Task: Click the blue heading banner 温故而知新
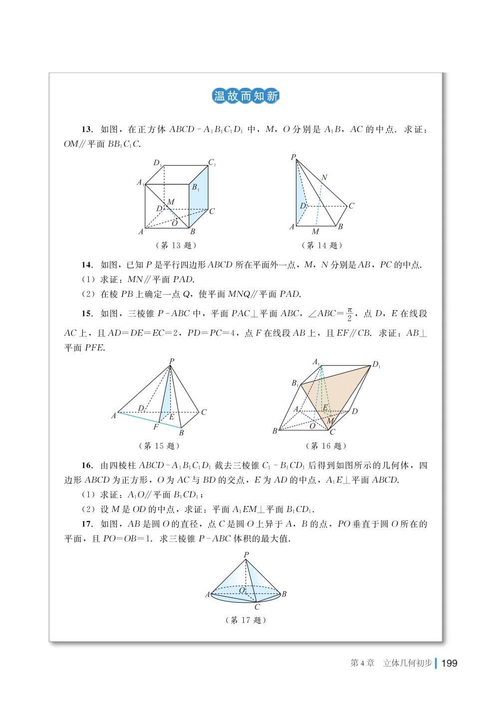coord(246,96)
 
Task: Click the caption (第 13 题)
coord(176,245)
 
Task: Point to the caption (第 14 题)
coord(322,245)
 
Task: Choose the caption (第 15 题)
coord(158,446)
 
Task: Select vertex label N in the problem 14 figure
coord(324,178)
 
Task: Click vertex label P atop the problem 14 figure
coord(293,158)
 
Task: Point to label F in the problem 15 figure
coord(156,427)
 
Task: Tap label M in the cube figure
coord(171,201)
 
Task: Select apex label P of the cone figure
coord(246,554)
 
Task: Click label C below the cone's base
coord(257,607)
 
